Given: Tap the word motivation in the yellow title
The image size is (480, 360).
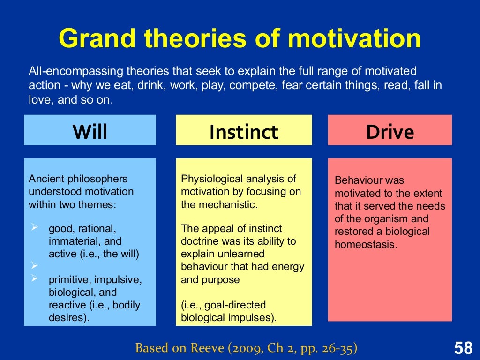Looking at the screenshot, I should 354,38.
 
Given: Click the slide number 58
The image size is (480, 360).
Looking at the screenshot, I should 463,348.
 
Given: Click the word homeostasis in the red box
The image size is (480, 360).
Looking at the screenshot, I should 366,244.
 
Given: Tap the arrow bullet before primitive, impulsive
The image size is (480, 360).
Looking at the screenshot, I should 34,279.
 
